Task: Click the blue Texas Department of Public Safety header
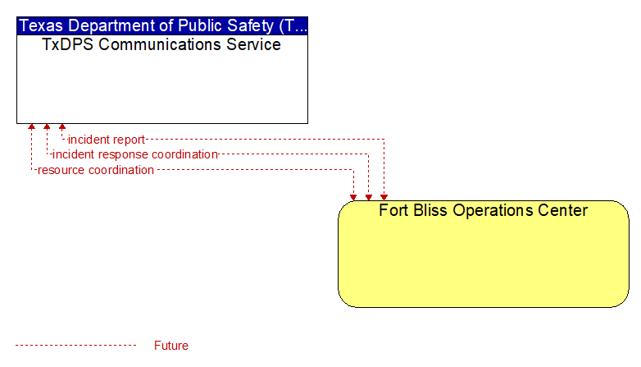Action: [x=162, y=25]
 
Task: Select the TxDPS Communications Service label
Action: [x=161, y=44]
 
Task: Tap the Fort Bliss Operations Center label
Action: [x=483, y=210]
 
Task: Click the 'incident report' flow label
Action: [x=107, y=140]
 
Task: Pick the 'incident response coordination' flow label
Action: [x=135, y=154]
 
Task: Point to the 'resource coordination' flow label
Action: [x=96, y=170]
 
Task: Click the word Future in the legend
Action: [x=171, y=346]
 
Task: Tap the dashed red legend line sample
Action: [x=76, y=346]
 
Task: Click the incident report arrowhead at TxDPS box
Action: [x=62, y=126]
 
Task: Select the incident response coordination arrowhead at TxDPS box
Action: [x=47, y=126]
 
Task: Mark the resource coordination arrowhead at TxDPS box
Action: [x=31, y=126]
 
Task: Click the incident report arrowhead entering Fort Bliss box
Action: [x=384, y=197]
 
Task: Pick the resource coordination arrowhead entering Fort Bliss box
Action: [x=353, y=197]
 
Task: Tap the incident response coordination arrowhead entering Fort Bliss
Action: [x=369, y=197]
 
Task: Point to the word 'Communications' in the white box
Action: [x=161, y=44]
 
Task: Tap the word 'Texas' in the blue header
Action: [x=41, y=25]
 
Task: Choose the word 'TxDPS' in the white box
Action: [x=68, y=44]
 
